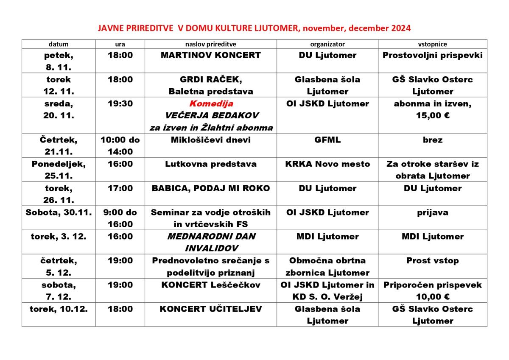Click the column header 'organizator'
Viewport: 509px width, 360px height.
pyautogui.click(x=327, y=44)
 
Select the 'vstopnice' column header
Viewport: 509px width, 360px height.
pyautogui.click(x=432, y=44)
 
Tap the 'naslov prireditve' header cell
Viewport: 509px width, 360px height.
pyautogui.click(x=211, y=44)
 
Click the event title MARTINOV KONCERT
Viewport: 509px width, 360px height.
pyautogui.click(x=211, y=55)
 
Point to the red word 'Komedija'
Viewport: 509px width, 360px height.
pyautogui.click(x=211, y=103)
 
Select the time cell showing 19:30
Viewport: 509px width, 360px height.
pyautogui.click(x=120, y=103)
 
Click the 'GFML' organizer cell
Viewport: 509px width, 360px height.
pyautogui.click(x=327, y=140)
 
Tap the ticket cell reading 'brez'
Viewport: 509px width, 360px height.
pyautogui.click(x=432, y=140)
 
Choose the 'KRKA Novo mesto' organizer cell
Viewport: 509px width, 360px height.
pyautogui.click(x=327, y=164)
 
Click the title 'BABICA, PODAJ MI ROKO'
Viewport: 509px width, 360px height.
pyautogui.click(x=211, y=188)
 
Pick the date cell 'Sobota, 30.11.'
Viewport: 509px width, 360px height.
pyautogui.click(x=59, y=212)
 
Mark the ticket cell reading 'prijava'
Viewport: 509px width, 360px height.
pyautogui.click(x=432, y=212)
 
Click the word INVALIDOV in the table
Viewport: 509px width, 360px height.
pyautogui.click(x=211, y=248)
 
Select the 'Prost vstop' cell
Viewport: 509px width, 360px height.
pyautogui.click(x=432, y=261)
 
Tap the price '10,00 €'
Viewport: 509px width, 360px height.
pyautogui.click(x=432, y=297)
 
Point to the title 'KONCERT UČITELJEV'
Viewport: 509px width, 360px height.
pyautogui.click(x=211, y=309)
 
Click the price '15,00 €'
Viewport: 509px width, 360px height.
pyautogui.click(x=432, y=116)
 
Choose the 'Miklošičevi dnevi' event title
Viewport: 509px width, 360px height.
pyautogui.click(x=211, y=140)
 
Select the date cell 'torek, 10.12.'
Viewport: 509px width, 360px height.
pyautogui.click(x=59, y=309)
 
